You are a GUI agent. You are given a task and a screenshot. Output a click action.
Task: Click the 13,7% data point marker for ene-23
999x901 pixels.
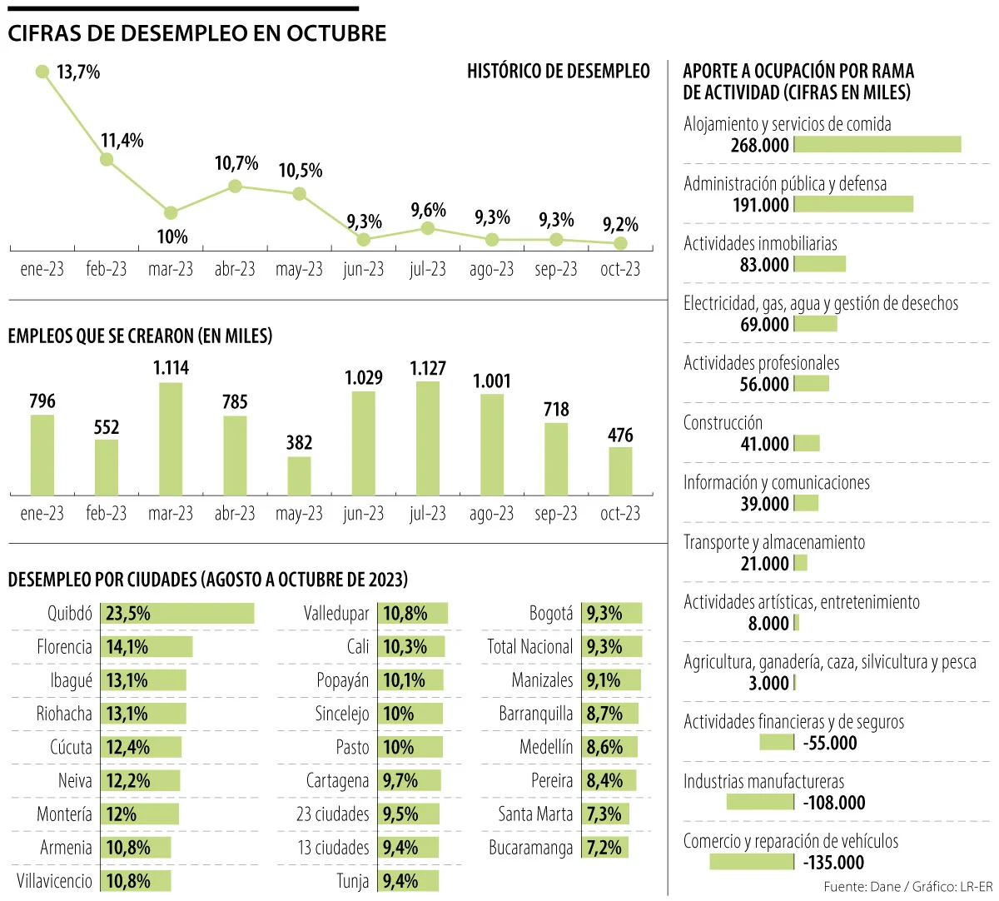[x=42, y=72]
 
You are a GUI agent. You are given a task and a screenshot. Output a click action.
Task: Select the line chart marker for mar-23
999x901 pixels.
[x=171, y=213]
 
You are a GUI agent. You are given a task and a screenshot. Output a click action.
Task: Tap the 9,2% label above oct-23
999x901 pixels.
[x=620, y=225]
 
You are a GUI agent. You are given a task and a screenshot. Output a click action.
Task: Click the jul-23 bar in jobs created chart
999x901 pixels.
[x=428, y=438]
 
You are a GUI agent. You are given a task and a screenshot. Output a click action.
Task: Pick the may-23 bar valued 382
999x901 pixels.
[x=299, y=475]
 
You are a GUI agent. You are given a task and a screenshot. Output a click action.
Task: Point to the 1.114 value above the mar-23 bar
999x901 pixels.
[x=171, y=368]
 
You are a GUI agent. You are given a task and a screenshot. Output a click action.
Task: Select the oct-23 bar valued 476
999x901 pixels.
[x=620, y=471]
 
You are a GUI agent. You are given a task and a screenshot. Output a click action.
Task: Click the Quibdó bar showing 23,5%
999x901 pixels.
[x=177, y=614]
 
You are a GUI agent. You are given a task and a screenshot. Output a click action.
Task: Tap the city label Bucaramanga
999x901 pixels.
[x=531, y=848]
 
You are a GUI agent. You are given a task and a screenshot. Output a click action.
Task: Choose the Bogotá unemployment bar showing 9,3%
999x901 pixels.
[x=612, y=614]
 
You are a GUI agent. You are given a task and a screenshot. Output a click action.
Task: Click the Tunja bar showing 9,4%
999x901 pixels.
[x=408, y=881]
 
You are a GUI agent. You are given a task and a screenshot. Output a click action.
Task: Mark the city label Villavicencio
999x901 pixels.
[x=54, y=881]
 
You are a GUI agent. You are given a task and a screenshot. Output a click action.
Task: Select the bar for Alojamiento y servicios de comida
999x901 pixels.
[x=877, y=145]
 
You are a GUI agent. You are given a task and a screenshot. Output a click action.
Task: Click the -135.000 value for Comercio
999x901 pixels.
[x=833, y=863]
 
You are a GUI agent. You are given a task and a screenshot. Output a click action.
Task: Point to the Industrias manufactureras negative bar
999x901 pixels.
[x=760, y=802]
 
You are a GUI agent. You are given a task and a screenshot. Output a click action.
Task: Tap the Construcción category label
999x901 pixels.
[x=723, y=423]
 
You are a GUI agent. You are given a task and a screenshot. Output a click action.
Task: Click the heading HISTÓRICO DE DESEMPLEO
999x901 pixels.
[x=558, y=72]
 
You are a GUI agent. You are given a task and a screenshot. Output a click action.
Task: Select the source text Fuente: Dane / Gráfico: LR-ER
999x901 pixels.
[x=908, y=886]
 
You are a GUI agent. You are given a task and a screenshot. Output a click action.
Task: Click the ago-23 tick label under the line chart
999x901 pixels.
[x=491, y=269]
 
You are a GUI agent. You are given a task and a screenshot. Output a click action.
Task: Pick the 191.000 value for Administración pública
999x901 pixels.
[x=760, y=205]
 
